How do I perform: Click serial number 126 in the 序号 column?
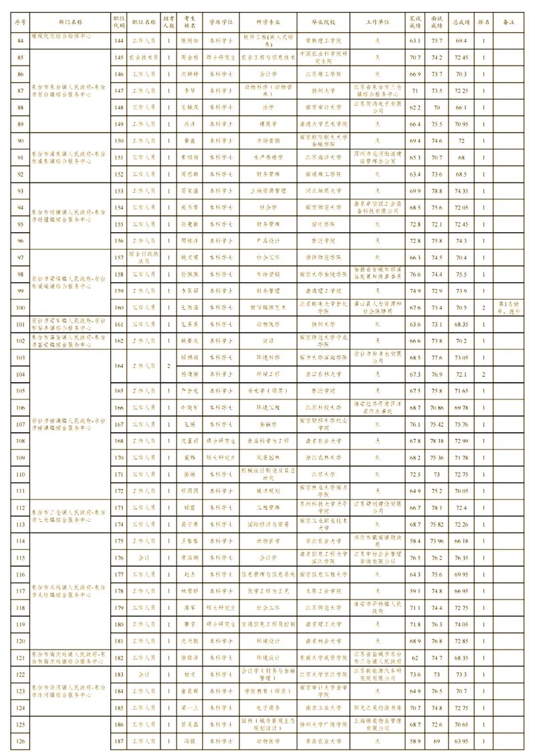(21, 741)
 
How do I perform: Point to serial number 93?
(21, 191)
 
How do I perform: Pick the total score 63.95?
(461, 741)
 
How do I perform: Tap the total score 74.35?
(461, 191)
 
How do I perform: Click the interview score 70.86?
(437, 407)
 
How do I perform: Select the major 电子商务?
(259, 707)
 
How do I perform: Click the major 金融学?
(259, 424)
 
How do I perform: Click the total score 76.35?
(461, 557)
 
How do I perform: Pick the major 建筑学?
(259, 124)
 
